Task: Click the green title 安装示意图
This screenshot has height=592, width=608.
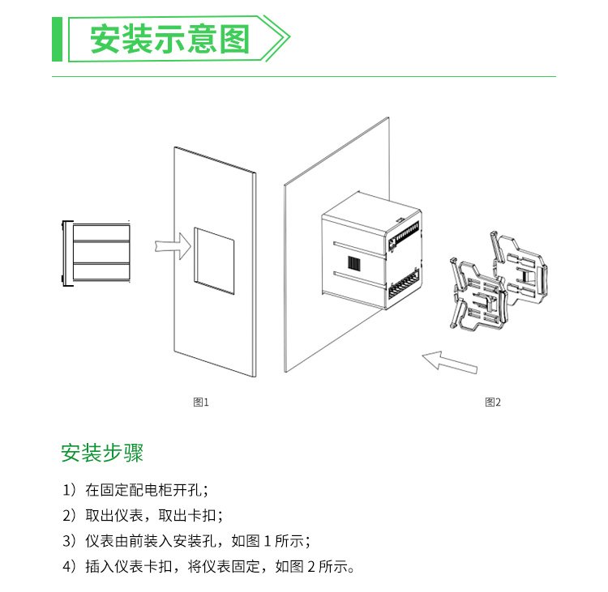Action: (169, 39)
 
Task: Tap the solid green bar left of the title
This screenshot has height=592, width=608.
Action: (57, 39)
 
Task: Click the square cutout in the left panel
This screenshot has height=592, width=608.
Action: (215, 261)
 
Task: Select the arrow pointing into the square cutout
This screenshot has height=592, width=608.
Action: (173, 246)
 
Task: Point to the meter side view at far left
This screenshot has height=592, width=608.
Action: (96, 253)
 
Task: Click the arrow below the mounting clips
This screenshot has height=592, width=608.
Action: (450, 362)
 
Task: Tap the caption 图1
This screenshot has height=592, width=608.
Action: (201, 402)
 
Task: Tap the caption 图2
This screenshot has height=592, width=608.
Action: (493, 402)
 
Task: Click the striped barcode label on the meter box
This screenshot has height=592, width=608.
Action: (354, 263)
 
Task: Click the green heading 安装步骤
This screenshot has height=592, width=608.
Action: (102, 453)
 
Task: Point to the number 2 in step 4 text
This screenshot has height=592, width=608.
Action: (311, 567)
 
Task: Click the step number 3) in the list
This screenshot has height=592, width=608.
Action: (70, 541)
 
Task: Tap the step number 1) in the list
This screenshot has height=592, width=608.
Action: (70, 490)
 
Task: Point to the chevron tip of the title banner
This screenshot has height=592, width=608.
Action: (289, 37)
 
